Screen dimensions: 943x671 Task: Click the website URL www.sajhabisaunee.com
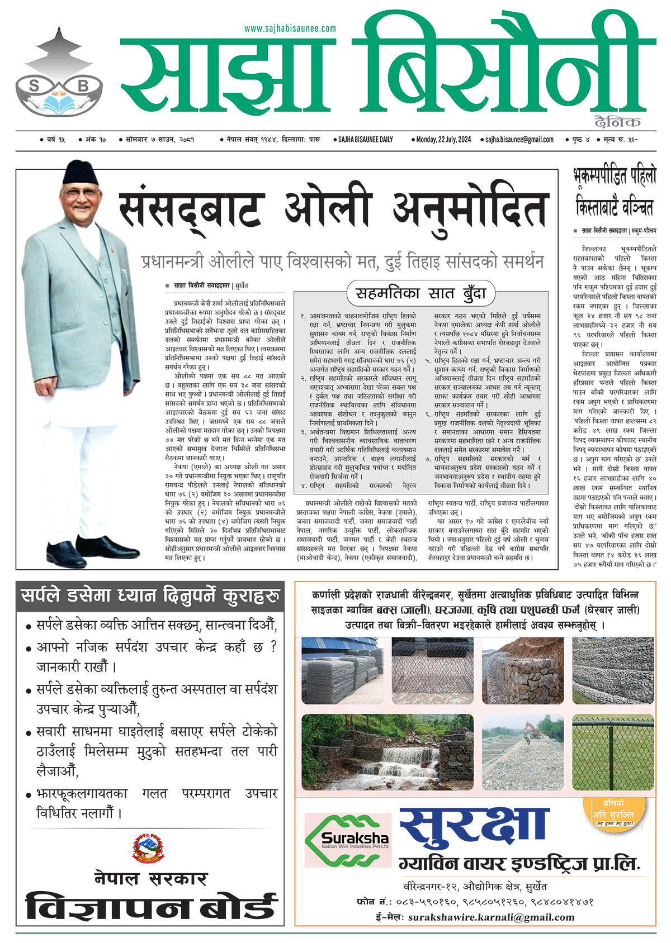[290, 28]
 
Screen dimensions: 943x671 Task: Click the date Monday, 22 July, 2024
[443, 140]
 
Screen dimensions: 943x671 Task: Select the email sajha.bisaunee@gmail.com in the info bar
[519, 140]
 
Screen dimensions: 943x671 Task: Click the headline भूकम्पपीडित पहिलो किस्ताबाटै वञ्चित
[615, 193]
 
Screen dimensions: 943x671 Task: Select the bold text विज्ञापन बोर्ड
[151, 906]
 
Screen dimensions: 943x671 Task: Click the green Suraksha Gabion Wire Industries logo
[347, 840]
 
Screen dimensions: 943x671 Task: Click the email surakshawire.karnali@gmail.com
[491, 917]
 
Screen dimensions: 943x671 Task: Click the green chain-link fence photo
[613, 752]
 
